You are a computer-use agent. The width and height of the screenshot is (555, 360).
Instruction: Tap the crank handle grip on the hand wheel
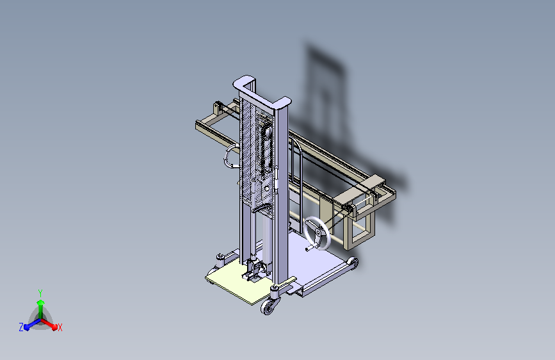[309, 249]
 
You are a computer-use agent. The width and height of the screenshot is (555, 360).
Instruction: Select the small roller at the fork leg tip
[353, 263]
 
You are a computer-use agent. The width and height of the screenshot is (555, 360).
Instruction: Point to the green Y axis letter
[40, 293]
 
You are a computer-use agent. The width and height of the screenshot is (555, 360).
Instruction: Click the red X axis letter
[60, 328]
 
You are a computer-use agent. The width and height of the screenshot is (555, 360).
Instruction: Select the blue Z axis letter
[21, 327]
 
